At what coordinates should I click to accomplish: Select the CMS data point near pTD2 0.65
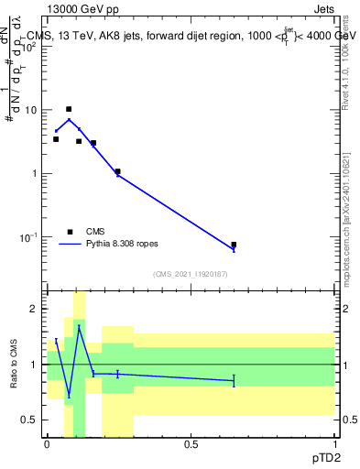[x=234, y=245]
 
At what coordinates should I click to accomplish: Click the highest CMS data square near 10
[x=69, y=109]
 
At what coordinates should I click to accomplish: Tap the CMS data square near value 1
[x=117, y=171]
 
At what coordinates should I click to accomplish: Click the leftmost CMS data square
[x=56, y=139]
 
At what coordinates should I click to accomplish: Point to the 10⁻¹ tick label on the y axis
[x=29, y=237]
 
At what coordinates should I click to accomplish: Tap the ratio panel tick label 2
[x=37, y=310]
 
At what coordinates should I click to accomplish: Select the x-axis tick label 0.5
[x=190, y=444]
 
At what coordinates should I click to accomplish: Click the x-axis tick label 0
[x=47, y=444]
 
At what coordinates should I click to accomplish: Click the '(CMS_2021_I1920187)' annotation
[x=190, y=273]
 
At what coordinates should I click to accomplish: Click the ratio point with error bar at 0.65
[x=234, y=380]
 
